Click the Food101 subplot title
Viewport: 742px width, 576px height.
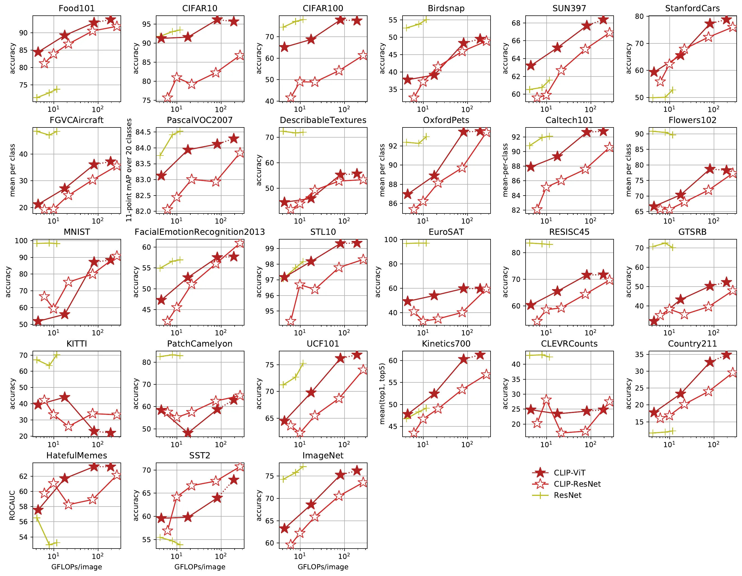tap(77, 8)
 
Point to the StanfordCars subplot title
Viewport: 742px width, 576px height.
tap(692, 8)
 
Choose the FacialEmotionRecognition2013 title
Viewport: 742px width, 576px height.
tap(200, 232)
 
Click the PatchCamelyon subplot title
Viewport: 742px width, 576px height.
tap(200, 344)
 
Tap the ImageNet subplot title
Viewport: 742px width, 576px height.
tap(323, 456)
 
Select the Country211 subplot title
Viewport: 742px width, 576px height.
tap(692, 344)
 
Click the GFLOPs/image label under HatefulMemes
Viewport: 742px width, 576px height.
tap(77, 567)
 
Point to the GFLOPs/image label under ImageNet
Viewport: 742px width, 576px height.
tap(323, 567)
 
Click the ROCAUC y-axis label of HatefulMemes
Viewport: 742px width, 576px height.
tap(12, 505)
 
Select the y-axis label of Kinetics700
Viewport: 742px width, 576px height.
tap(382, 394)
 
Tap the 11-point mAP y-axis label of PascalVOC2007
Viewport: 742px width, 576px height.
tap(129, 170)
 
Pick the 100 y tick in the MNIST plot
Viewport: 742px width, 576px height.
tap(21, 241)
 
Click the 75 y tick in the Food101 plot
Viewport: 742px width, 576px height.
tap(24, 85)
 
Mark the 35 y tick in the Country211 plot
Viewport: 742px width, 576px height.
tap(639, 354)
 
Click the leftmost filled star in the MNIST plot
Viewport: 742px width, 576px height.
tap(38, 321)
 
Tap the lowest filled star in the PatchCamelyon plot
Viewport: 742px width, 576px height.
tap(188, 433)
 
